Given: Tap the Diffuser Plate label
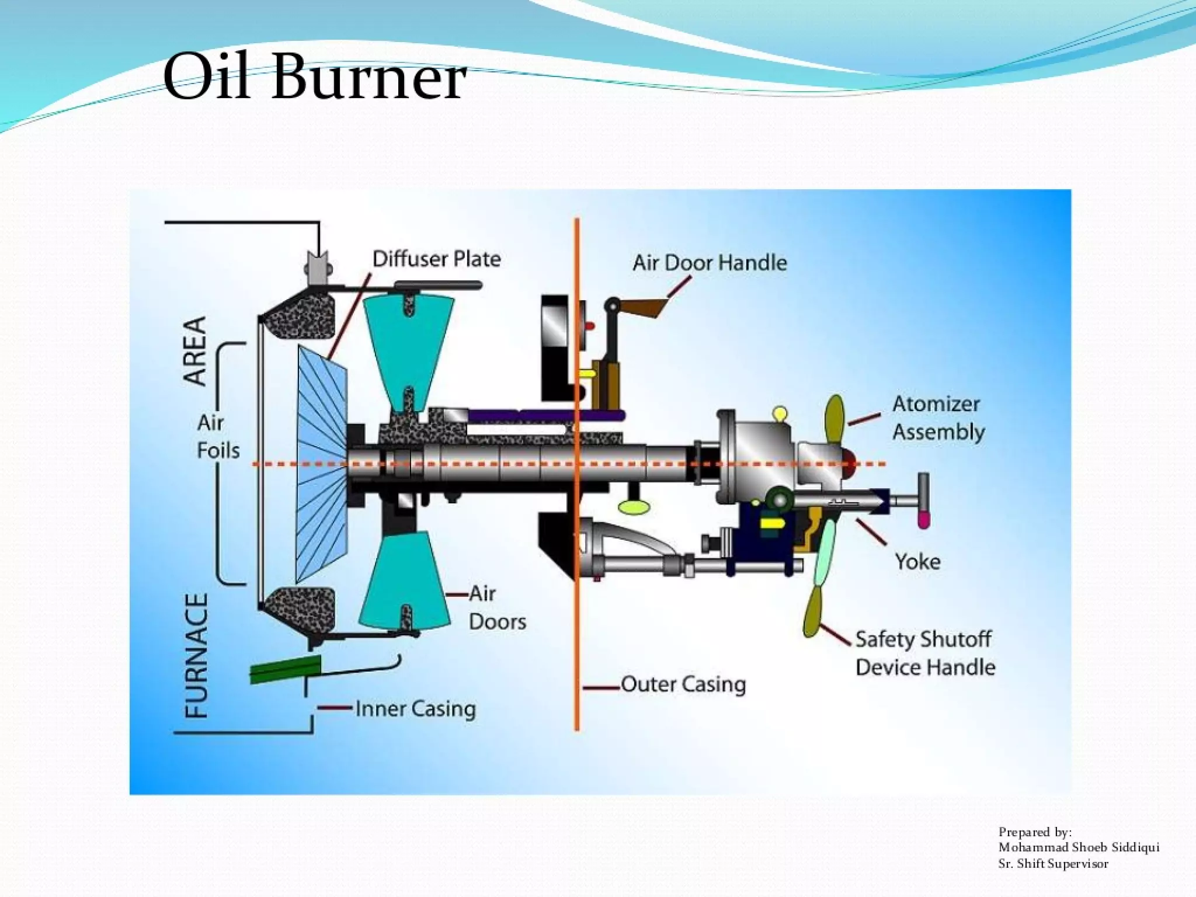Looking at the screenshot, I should [436, 259].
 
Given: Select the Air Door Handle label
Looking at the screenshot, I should [710, 263].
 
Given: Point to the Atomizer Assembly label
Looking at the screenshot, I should [938, 418].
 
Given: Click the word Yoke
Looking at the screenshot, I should [917, 562].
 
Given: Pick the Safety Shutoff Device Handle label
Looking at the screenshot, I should [925, 653].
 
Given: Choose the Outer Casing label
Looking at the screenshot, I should [683, 684].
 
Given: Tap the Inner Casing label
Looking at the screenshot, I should [415, 709].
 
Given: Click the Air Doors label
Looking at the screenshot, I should [496, 607].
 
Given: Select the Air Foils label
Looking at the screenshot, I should [218, 436].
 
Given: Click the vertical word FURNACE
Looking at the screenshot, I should [196, 655].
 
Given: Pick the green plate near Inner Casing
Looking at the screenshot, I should [286, 669].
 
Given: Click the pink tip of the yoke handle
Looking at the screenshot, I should [923, 519].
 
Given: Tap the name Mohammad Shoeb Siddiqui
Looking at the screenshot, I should [1078, 847].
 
